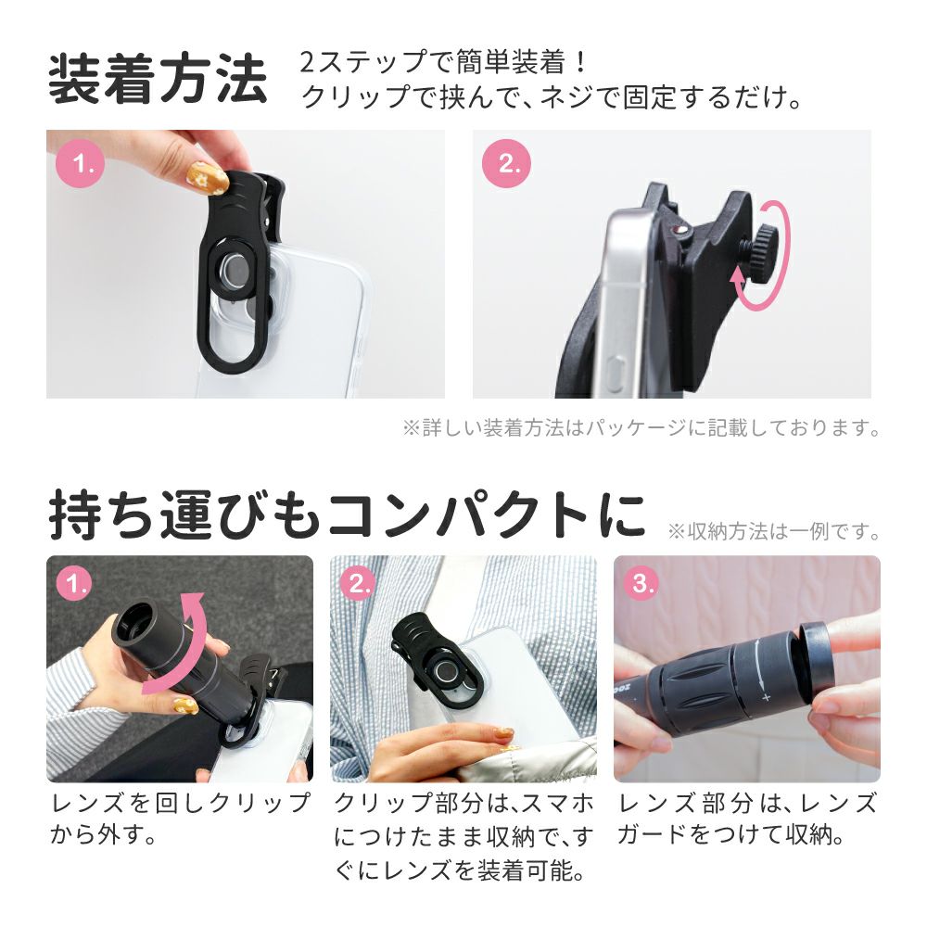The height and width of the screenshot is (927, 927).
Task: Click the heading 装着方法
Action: point(158,79)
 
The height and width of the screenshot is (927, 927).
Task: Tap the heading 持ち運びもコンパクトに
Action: point(347,514)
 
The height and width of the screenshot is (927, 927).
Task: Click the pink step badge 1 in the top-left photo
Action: point(81,164)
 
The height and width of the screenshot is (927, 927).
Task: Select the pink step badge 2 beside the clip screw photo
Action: point(507,164)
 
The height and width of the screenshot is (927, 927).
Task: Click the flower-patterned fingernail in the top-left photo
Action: point(208,178)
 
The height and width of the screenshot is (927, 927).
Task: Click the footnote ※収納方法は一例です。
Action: point(774,531)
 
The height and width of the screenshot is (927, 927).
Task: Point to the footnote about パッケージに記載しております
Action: point(642,427)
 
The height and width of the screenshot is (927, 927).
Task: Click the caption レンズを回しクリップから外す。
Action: point(180,819)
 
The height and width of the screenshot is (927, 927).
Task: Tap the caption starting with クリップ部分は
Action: point(463,836)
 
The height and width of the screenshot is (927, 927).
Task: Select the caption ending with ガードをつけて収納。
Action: point(746,819)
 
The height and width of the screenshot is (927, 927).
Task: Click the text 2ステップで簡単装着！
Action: point(443,62)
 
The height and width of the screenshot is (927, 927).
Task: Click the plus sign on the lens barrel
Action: point(767,698)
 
